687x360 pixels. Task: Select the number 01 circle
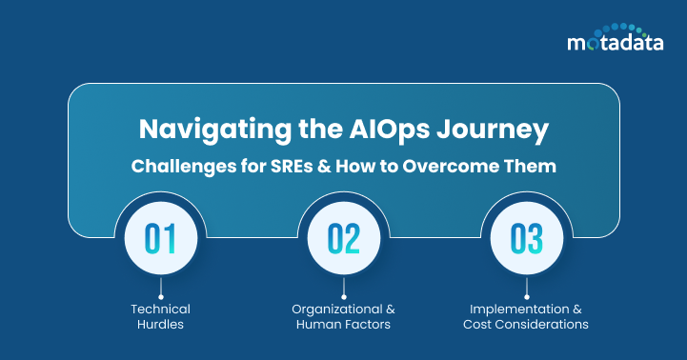[160, 237]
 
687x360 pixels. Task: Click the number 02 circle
[344, 237]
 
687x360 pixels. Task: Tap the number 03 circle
[525, 237]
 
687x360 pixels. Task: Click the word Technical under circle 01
[160, 309]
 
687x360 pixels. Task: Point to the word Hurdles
[160, 325]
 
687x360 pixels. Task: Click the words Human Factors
[344, 325]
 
